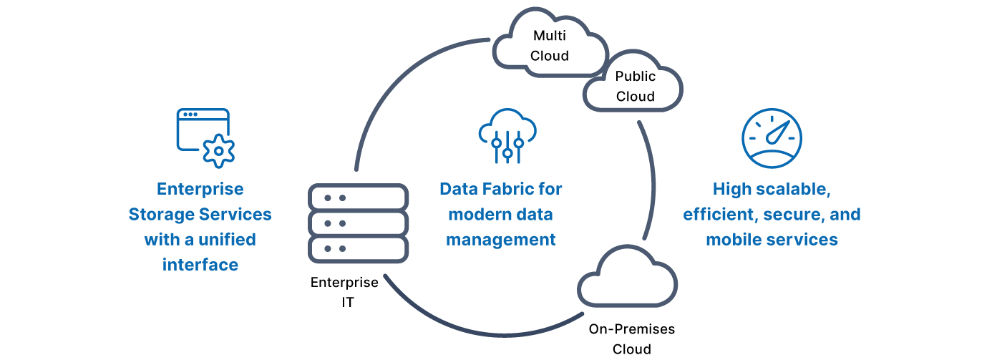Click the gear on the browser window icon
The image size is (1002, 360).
218,152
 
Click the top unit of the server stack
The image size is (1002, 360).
359,197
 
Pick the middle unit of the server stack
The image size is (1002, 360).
359,223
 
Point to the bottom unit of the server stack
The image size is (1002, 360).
359,248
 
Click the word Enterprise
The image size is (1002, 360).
200,190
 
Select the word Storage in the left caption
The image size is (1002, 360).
158,215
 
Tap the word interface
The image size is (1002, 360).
200,265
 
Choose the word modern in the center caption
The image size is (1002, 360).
478,215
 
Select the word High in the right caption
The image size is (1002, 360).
731,190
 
